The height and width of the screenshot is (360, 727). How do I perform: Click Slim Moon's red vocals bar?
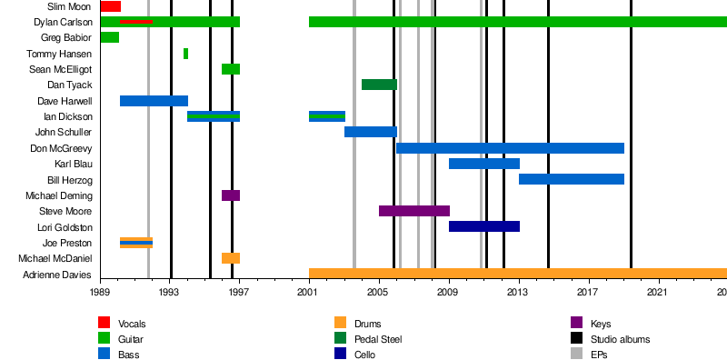111,6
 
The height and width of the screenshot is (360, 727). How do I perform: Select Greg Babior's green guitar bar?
110,37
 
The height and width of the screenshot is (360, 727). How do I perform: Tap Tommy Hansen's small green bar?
186,54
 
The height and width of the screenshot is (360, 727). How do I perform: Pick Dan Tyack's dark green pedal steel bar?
379,85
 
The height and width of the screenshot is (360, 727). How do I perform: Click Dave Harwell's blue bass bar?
154,101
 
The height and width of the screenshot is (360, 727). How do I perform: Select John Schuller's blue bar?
371,132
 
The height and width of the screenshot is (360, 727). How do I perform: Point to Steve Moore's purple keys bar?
414,211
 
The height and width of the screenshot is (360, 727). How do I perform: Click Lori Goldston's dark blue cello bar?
484,226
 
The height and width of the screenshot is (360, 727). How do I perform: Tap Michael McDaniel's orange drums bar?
231,258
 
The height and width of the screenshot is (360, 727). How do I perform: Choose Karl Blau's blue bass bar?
484,164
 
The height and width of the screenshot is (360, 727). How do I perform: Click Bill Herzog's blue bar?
572,179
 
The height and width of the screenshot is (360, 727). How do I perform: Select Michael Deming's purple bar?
231,195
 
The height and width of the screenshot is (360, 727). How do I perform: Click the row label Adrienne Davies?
57,275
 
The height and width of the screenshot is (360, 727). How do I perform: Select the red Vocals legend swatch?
105,323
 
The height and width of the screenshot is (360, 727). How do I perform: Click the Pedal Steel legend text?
378,339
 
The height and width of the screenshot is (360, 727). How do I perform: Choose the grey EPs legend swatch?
576,354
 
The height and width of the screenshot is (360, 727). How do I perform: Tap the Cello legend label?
365,355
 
